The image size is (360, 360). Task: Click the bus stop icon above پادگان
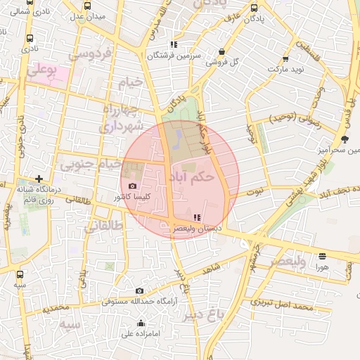(254, 8)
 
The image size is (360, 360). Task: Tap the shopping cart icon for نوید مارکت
(285, 59)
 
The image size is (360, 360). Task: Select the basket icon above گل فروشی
(222, 51)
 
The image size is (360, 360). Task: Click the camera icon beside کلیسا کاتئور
(133, 186)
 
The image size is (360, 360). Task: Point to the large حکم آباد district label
(192, 177)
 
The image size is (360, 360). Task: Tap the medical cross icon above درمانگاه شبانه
(39, 179)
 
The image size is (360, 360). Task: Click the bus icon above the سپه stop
(20, 275)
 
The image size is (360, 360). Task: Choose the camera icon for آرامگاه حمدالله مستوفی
(139, 291)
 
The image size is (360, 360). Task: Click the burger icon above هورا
(322, 257)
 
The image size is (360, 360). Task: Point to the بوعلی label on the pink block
(41, 70)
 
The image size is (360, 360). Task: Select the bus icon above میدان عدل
(88, 5)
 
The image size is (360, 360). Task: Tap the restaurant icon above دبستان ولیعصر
(195, 218)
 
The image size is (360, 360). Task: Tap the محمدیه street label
(56, 308)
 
